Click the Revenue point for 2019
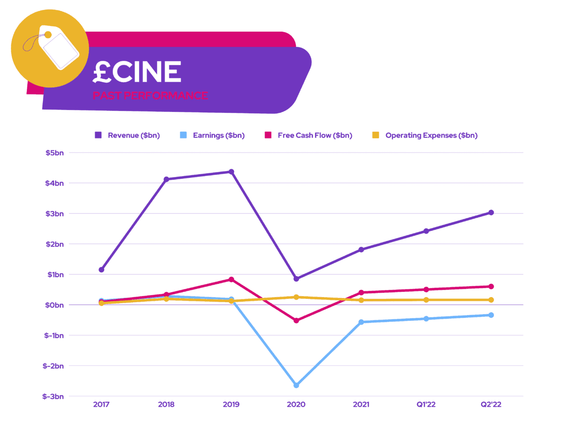[231, 172]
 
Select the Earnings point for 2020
[296, 385]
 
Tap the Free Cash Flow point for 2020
[296, 321]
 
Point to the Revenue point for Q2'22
[491, 212]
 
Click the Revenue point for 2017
[101, 270]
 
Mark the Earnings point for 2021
[361, 322]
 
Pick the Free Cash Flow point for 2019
[231, 280]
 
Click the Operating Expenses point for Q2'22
[491, 300]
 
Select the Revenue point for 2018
[166, 179]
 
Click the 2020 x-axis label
[296, 405]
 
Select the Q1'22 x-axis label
[426, 405]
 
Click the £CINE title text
[137, 72]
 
